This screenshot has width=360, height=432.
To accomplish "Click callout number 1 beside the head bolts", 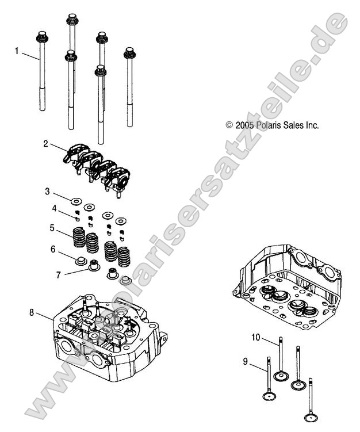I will tap(17, 51).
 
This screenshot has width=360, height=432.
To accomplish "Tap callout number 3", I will tap(48, 191).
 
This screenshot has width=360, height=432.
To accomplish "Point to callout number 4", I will tap(54, 208).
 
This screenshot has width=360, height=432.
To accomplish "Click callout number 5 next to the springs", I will tap(52, 228).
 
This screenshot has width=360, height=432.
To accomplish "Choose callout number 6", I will tap(53, 249).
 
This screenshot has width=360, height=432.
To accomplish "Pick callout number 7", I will tap(58, 274).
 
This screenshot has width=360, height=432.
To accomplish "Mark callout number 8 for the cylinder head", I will tap(32, 312).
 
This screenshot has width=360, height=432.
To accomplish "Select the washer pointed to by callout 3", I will tap(76, 201).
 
